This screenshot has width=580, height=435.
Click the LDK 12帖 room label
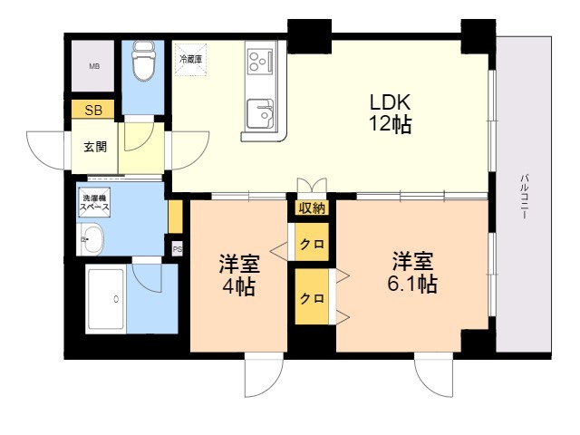coord(391,113)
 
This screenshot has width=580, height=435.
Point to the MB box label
coord(94,66)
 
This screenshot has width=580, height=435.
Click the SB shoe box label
coord(93,111)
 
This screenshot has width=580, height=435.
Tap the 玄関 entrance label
coord(95,146)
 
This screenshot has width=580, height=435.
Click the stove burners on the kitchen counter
coord(258,62)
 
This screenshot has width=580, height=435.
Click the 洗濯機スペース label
coord(95,202)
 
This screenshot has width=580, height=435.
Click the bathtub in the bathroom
coord(108,298)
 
